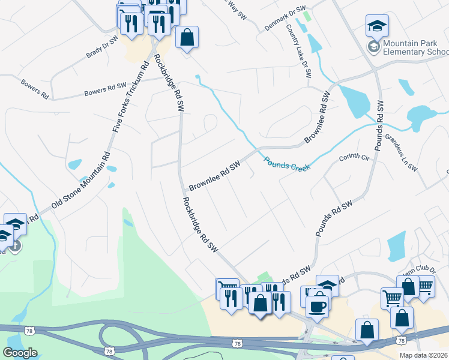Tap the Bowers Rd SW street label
tap(105, 90)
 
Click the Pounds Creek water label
tap(287, 163)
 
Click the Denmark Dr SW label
tap(286, 20)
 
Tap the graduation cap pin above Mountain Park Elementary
tap(377, 25)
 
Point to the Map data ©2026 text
tap(424, 355)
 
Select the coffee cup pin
tap(318, 305)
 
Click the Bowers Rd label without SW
tap(34, 88)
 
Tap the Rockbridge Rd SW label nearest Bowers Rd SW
tap(168, 83)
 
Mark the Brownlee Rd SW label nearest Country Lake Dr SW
tap(318, 117)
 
